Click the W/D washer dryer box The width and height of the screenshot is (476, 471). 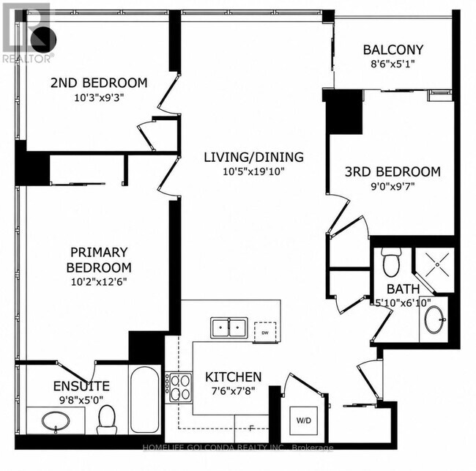[304, 421]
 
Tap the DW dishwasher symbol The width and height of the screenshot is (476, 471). [265, 333]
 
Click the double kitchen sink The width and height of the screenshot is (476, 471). [229, 328]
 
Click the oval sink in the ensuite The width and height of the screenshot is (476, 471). [56, 421]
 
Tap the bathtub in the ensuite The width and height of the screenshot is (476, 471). [144, 399]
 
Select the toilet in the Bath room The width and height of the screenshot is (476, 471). [391, 262]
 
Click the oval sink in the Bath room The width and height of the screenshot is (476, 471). [434, 319]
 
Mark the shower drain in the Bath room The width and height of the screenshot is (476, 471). [437, 265]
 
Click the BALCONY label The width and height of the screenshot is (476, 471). [393, 50]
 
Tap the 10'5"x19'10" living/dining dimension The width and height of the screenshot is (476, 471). [253, 171]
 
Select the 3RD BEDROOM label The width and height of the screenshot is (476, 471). [393, 172]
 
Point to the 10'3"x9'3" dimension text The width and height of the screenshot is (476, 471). [100, 97]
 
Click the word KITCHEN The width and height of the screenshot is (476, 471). [233, 377]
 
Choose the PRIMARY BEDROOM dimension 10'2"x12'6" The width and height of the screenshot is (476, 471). [99, 282]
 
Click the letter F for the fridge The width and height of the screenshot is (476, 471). [251, 429]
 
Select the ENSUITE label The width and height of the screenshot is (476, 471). [81, 386]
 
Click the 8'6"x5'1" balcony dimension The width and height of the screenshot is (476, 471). [393, 64]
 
